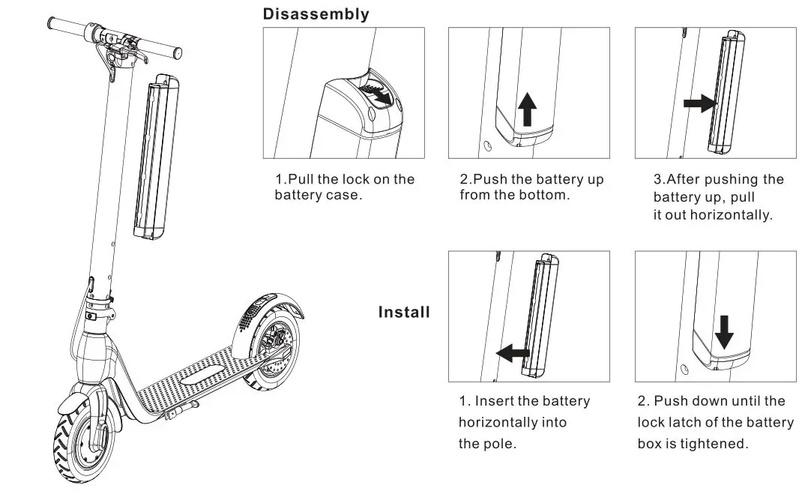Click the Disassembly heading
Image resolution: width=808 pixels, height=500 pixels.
pos(316,14)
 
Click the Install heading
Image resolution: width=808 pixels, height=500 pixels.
pos(404,312)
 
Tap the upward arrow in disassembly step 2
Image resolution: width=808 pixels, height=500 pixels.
pos(528,109)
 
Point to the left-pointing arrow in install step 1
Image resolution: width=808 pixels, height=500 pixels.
pos(513,352)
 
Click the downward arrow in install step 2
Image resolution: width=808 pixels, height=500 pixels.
pos(723,331)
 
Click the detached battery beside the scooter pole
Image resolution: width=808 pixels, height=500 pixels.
pos(155,157)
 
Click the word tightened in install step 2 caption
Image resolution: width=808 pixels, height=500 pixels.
pos(715,444)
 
